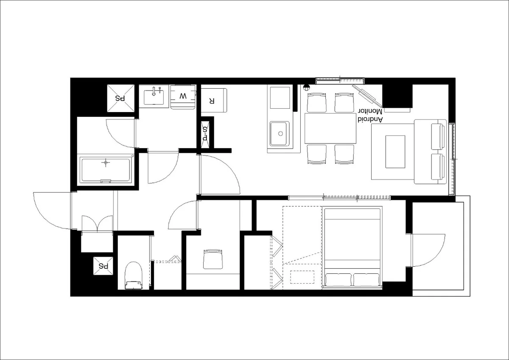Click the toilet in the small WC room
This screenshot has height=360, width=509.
click(133, 276)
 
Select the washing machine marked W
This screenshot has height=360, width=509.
click(183, 97)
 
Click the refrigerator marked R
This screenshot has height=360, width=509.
click(214, 100)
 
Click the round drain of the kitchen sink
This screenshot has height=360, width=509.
click(280, 134)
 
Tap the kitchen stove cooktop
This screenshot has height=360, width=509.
click(280, 98)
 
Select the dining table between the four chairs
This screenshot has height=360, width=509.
click(330, 129)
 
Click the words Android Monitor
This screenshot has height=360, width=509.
click(371, 115)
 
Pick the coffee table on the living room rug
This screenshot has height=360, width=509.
click(395, 152)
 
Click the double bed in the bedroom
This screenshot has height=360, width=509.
click(352, 248)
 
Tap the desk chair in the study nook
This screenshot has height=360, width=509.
click(213, 259)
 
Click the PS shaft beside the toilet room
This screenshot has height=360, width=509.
click(103, 266)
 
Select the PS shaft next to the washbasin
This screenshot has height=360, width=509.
click(120, 98)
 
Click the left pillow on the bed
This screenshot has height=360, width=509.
click(338, 280)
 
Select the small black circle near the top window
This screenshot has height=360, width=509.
click(306, 87)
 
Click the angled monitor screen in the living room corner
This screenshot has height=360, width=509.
click(367, 96)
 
